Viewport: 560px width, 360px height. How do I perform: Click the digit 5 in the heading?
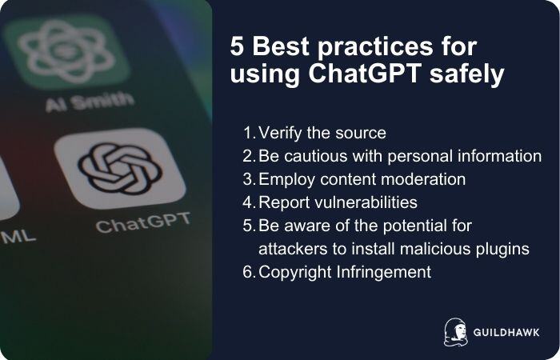[237, 46]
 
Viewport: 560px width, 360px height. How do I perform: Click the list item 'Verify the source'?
[323, 133]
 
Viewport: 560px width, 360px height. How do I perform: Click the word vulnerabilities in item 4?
[365, 202]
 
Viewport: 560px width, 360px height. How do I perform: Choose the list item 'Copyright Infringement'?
[345, 272]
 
